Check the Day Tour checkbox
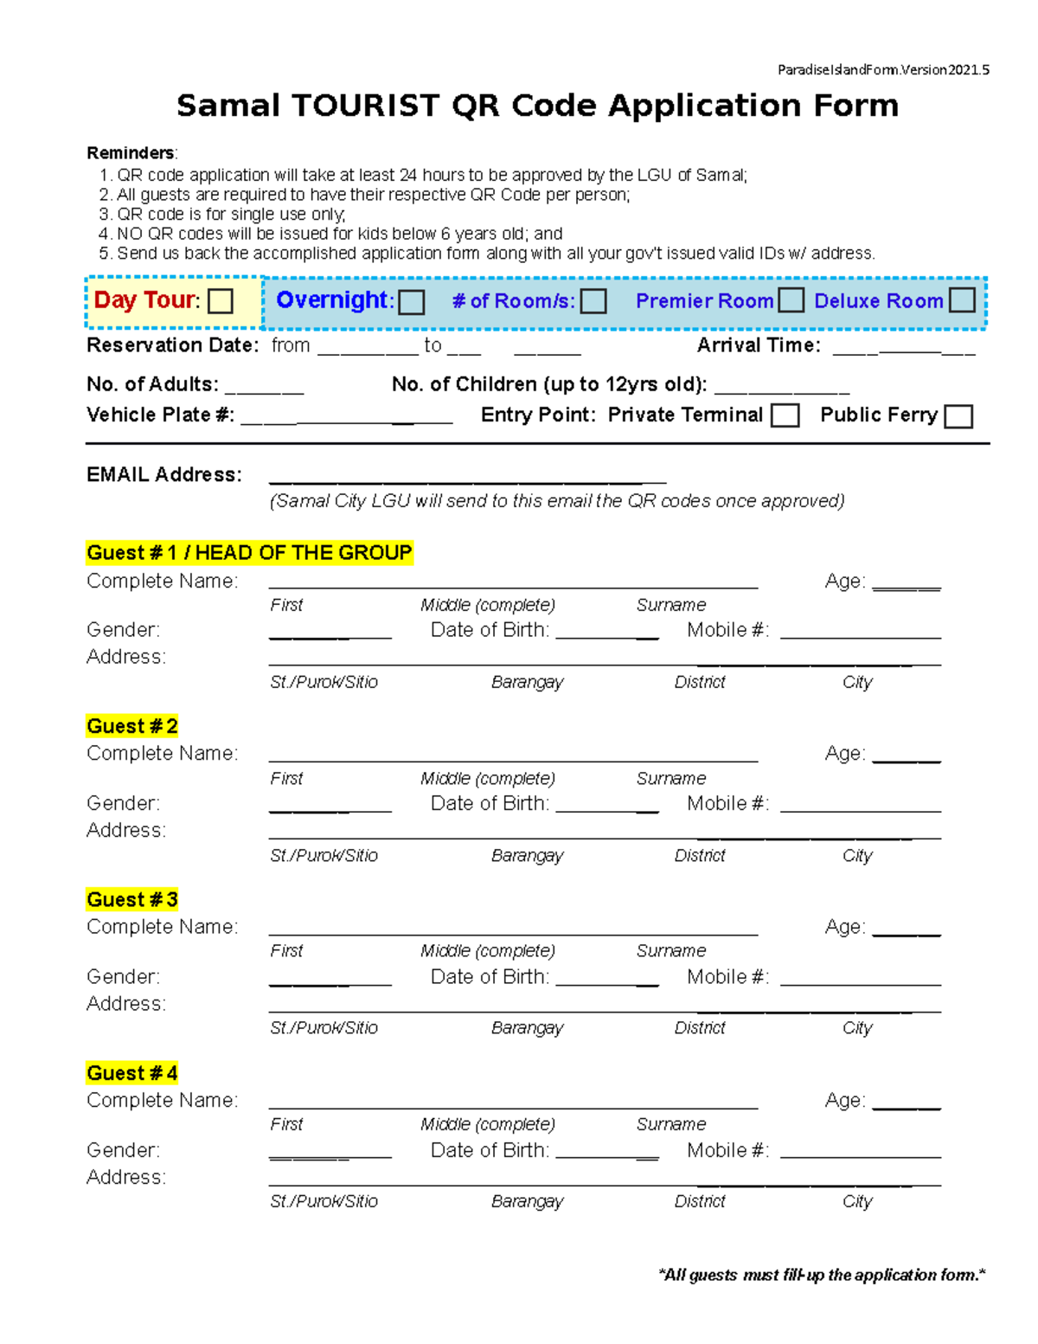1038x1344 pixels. pos(221,301)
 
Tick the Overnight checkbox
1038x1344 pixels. pos(411,302)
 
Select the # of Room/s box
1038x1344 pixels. pos(593,301)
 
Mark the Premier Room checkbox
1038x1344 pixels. pos(790,300)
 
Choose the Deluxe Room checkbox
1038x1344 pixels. pos(961,300)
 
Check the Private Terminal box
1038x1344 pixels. pos(784,415)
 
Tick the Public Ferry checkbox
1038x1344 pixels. pos(958,416)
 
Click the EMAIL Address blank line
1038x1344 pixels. pos(467,478)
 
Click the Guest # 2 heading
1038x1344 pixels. pos(132,726)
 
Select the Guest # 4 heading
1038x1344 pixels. pos(132,1073)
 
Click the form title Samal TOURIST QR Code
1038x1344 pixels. pos(537,106)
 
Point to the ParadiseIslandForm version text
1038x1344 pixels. pos(883,70)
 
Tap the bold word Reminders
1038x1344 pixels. pos(131,153)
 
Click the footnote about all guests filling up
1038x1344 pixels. pos(822,1275)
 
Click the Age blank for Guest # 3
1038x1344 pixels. pos(906,931)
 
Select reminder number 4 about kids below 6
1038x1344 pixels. pos(337,234)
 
